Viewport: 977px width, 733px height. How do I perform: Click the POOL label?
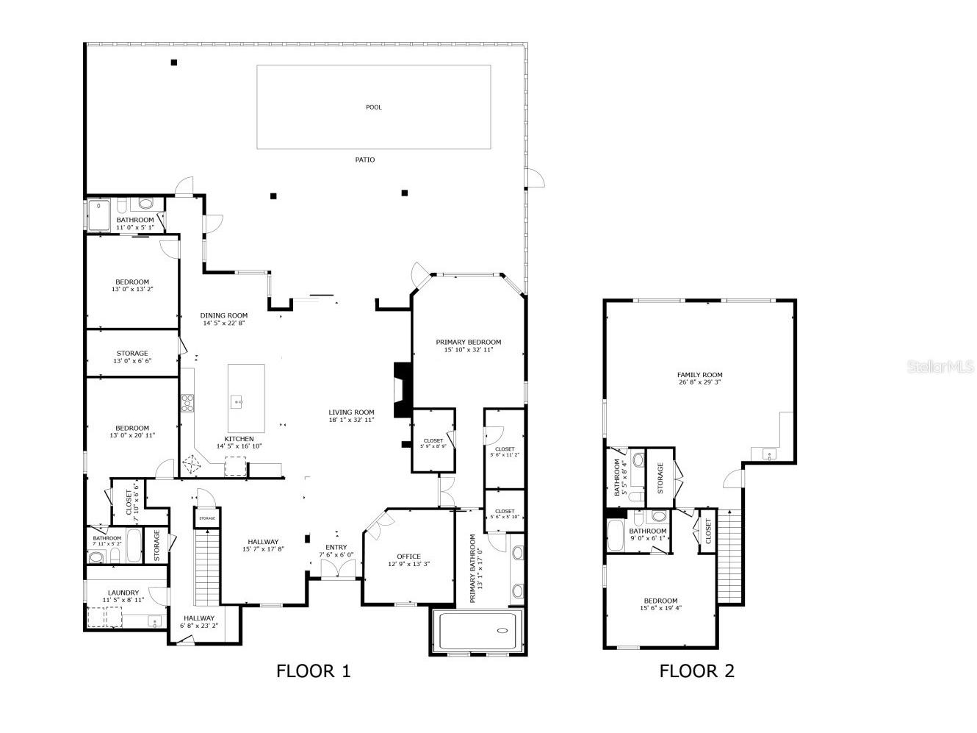pyautogui.click(x=373, y=107)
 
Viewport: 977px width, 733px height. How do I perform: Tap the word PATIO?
pyautogui.click(x=364, y=160)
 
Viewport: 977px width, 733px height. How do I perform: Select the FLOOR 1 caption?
pyautogui.click(x=314, y=671)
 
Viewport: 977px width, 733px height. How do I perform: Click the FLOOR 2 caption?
pyautogui.click(x=696, y=671)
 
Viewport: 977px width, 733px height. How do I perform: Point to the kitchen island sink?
pyautogui.click(x=237, y=402)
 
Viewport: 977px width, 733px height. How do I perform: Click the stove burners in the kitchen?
pyautogui.click(x=187, y=403)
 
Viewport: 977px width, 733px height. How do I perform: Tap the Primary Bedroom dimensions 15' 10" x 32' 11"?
pyautogui.click(x=468, y=349)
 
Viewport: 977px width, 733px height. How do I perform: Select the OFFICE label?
pyautogui.click(x=408, y=557)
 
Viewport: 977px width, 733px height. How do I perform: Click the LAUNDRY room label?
pyautogui.click(x=123, y=593)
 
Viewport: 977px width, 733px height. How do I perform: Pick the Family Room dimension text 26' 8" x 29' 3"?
pyautogui.click(x=699, y=382)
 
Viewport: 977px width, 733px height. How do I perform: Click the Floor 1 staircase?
pyautogui.click(x=207, y=566)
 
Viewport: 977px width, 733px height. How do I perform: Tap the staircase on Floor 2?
pyautogui.click(x=729, y=557)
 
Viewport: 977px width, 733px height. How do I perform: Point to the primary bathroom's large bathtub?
pyautogui.click(x=477, y=631)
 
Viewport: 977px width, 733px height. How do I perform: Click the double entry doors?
pyautogui.click(x=338, y=568)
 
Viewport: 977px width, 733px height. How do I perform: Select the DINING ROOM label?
pyautogui.click(x=223, y=315)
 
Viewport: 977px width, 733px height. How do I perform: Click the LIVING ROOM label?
pyautogui.click(x=351, y=412)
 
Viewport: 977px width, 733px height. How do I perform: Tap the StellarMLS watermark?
pyautogui.click(x=940, y=366)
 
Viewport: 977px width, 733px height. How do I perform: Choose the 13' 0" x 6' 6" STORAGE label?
pyautogui.click(x=132, y=354)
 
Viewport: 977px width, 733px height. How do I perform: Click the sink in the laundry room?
pyautogui.click(x=155, y=621)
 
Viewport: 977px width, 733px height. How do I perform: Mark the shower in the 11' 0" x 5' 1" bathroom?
pyautogui.click(x=98, y=216)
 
